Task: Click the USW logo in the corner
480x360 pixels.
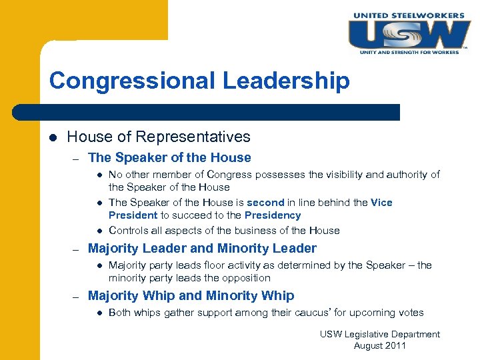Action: point(409,34)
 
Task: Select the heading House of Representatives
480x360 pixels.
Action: point(159,137)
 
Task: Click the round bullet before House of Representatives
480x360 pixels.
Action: point(53,137)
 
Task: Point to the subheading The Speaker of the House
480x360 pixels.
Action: point(169,158)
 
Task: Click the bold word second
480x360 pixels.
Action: point(265,203)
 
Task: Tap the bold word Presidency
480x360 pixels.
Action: point(273,215)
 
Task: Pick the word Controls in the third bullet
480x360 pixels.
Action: point(127,231)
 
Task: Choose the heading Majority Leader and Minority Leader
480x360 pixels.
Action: point(202,249)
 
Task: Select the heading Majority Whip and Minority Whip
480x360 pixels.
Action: point(191,295)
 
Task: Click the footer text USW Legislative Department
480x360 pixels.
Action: point(379,334)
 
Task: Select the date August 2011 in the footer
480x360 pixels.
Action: point(379,345)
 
